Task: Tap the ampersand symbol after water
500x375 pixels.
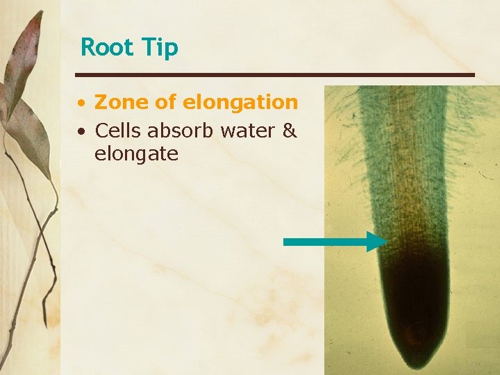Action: tap(290, 130)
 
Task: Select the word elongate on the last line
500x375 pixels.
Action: tap(136, 153)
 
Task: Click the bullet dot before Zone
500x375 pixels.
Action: tap(82, 104)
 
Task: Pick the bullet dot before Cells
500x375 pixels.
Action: tap(82, 131)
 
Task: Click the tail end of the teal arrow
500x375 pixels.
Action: tap(286, 241)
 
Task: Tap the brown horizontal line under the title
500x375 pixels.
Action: tap(274, 74)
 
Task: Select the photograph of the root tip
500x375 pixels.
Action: tap(411, 229)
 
